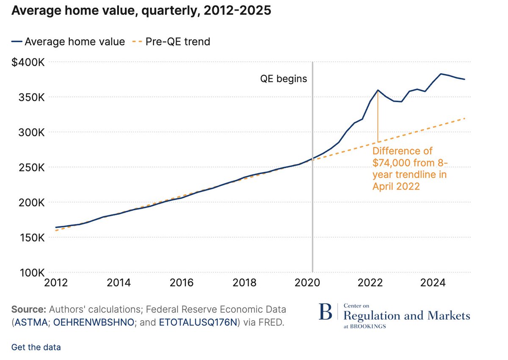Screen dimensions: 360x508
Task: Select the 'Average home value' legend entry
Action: (x=75, y=42)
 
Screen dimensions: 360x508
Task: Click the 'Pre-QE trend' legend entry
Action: (x=178, y=42)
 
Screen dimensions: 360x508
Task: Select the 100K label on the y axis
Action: (x=30, y=273)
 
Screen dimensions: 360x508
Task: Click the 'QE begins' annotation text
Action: (x=283, y=79)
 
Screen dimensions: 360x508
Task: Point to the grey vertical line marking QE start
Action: (x=312, y=191)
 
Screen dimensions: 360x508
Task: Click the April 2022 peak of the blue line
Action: (x=378, y=90)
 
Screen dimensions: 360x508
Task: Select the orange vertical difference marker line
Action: (x=378, y=116)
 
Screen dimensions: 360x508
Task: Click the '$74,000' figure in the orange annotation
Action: (x=392, y=163)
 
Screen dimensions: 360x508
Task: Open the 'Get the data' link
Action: (x=36, y=347)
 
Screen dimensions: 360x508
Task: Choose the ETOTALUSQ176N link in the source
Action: (x=198, y=322)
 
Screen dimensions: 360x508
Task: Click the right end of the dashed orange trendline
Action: (x=465, y=118)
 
